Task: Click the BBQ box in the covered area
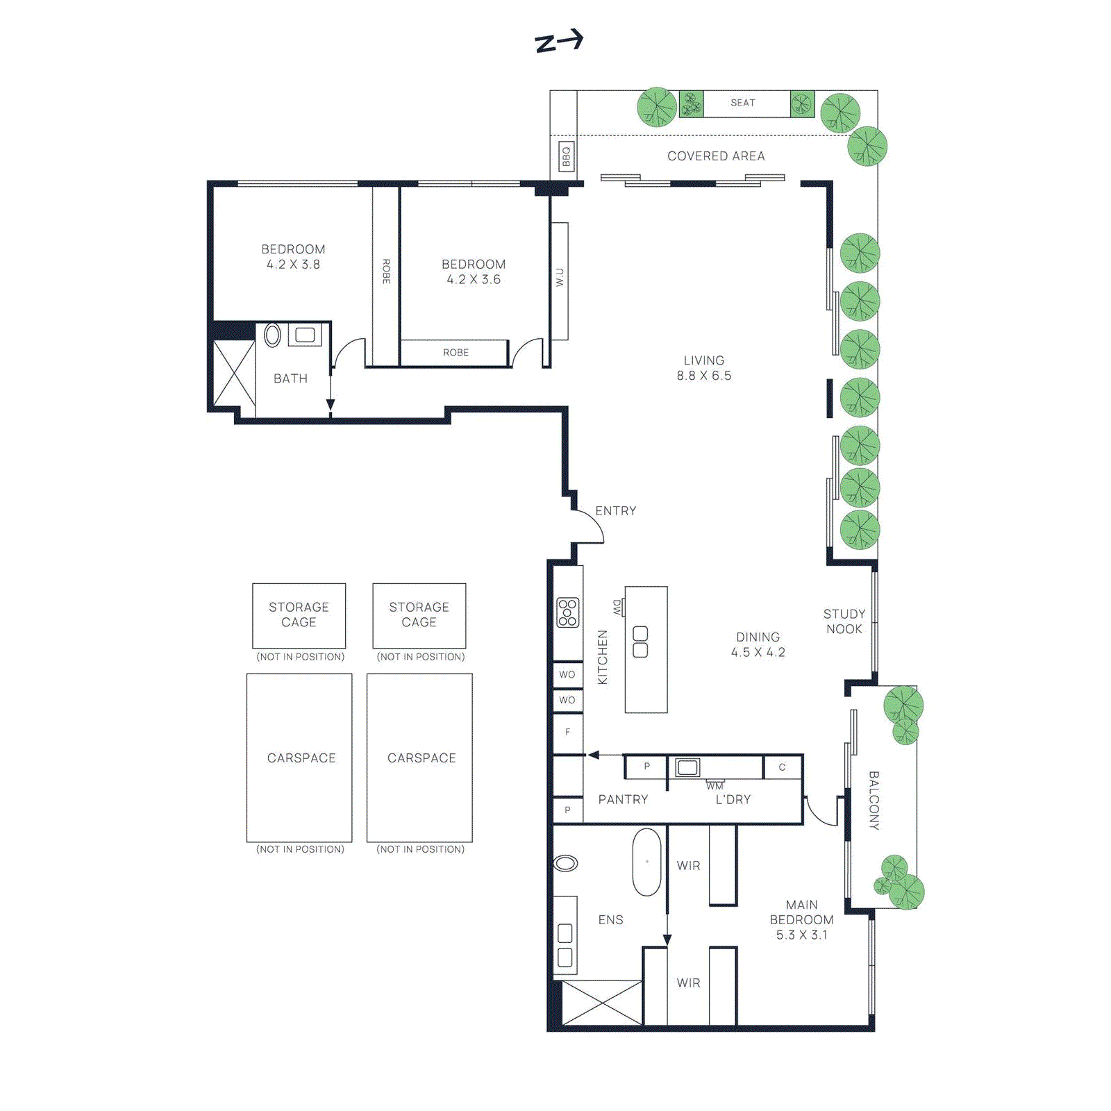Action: pyautogui.click(x=566, y=157)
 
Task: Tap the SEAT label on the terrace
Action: pyautogui.click(x=742, y=103)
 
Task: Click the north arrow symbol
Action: pyautogui.click(x=559, y=42)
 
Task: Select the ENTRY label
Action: pyautogui.click(x=615, y=511)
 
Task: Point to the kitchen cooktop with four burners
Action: pyautogui.click(x=567, y=612)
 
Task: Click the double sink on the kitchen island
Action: pyautogui.click(x=640, y=642)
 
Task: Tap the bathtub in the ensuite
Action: pyautogui.click(x=646, y=862)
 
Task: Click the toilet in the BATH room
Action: pyautogui.click(x=273, y=335)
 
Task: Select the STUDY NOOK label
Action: pyautogui.click(x=844, y=621)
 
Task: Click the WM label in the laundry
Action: pyautogui.click(x=715, y=786)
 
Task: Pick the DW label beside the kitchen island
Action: pyautogui.click(x=617, y=608)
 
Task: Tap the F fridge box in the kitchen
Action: pyautogui.click(x=567, y=732)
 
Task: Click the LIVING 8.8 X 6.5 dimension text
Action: pyautogui.click(x=704, y=376)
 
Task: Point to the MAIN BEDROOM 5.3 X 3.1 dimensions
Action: pyautogui.click(x=801, y=935)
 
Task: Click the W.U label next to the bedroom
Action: pyautogui.click(x=560, y=278)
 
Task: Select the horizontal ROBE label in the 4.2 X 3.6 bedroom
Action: pyautogui.click(x=456, y=353)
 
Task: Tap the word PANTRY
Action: pyautogui.click(x=623, y=800)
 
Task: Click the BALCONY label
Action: pyautogui.click(x=874, y=800)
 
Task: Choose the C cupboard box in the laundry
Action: pyautogui.click(x=782, y=767)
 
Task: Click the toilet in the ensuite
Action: pyautogui.click(x=565, y=863)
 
